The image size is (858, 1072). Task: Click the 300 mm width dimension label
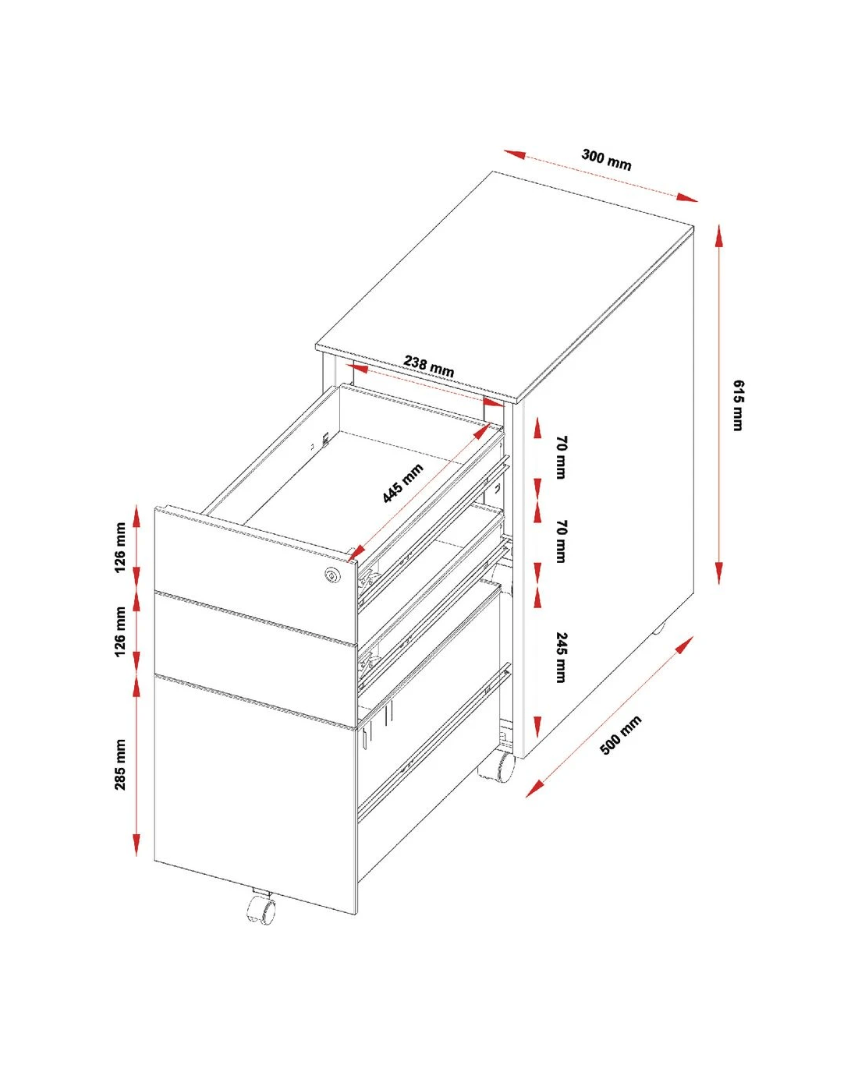point(606,159)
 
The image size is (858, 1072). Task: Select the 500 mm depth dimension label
point(620,734)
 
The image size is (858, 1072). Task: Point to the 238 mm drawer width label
point(429,366)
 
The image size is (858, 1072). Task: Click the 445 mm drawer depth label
point(402,483)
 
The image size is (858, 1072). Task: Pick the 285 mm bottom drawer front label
point(120,765)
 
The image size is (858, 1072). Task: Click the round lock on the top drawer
point(331,575)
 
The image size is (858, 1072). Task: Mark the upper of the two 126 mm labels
point(120,547)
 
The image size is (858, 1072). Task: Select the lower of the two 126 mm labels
point(120,632)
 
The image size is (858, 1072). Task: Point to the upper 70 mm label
point(562,458)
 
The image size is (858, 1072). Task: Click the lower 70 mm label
point(562,542)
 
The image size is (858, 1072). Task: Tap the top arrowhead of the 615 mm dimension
point(719,236)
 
